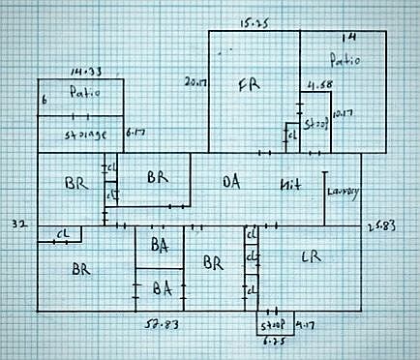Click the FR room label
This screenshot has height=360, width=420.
point(249,85)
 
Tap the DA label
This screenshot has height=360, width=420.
point(231,182)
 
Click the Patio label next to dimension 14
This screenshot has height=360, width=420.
point(345,60)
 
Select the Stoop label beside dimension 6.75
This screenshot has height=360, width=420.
point(274,327)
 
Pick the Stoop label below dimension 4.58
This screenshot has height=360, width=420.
point(316,125)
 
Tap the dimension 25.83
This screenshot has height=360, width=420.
point(383,226)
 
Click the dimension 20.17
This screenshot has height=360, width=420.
point(195,80)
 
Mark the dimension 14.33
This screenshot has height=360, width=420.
point(85,72)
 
